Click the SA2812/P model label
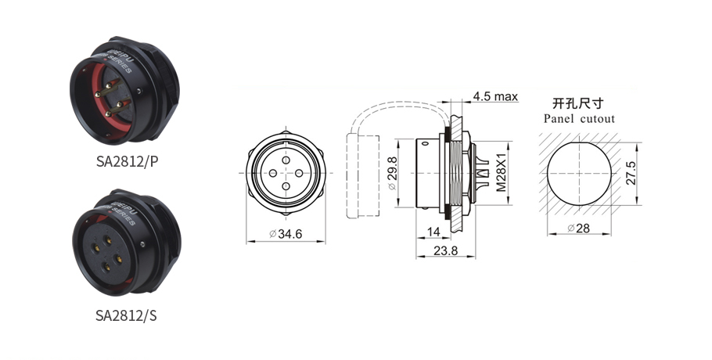coord(127,161)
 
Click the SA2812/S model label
coord(126,315)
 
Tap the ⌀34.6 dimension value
coord(286,234)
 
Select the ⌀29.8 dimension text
coord(392,174)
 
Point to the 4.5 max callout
coord(495,96)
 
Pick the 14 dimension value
coord(433,232)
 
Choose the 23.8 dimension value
coord(445,250)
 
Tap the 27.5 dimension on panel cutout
coord(631,173)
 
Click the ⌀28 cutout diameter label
coord(578,228)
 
